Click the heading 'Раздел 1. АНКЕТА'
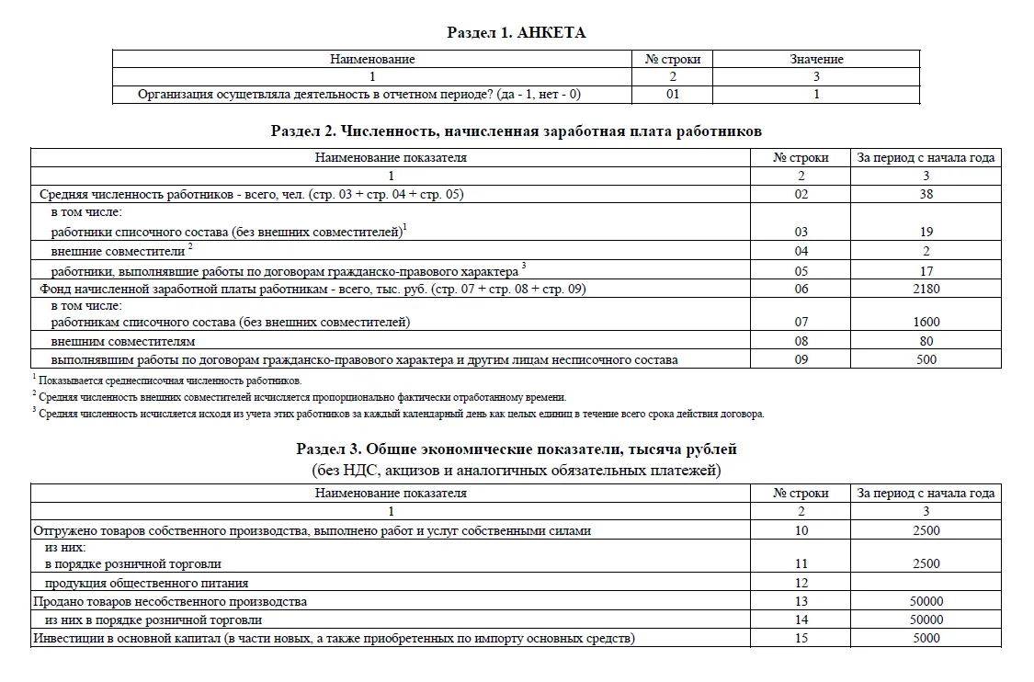coord(516,33)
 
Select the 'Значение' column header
coord(816,59)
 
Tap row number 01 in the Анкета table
coord(673,94)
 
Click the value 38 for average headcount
coord(926,194)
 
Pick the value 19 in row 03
coord(926,233)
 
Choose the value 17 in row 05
coord(926,271)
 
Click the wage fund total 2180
coord(926,289)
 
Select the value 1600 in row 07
coord(926,323)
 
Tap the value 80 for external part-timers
coord(926,341)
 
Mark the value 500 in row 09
coord(926,359)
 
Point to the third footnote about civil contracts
coord(400,415)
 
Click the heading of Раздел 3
coord(516,449)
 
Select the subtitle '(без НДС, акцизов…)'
coord(516,471)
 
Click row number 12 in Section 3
coord(801,583)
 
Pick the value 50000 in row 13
coord(926,601)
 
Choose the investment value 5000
coord(926,638)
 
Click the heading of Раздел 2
coord(516,131)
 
